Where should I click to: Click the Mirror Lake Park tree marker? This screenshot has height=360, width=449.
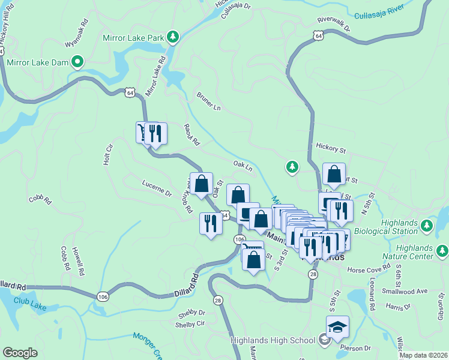pyautogui.click(x=173, y=38)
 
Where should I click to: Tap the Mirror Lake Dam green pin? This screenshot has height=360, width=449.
pyautogui.click(x=77, y=61)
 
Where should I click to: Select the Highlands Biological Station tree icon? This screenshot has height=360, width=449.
pyautogui.click(x=426, y=226)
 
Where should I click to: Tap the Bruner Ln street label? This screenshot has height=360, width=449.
pyautogui.click(x=209, y=101)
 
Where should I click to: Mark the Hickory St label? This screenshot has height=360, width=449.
pyautogui.click(x=331, y=147)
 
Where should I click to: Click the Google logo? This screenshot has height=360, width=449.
pyautogui.click(x=20, y=352)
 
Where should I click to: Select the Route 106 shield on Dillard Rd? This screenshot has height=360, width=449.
pyautogui.click(x=101, y=296)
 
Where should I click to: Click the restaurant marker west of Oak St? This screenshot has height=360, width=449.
pyautogui.click(x=210, y=224)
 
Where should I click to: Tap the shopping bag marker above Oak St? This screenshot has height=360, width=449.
pyautogui.click(x=202, y=183)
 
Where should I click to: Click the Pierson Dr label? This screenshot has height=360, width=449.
pyautogui.click(x=359, y=347)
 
